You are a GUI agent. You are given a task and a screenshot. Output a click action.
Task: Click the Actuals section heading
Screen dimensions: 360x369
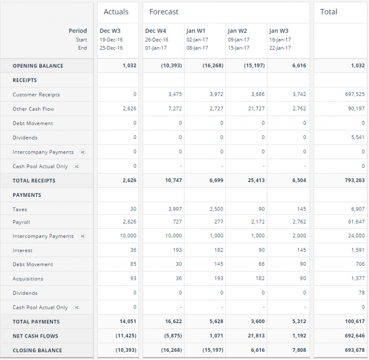click(116, 12)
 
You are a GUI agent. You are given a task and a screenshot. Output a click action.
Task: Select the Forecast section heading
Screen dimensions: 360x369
click(164, 12)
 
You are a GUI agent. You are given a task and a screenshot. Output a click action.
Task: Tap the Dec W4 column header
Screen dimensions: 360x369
click(155, 31)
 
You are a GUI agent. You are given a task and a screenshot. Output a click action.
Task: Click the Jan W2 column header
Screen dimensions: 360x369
click(237, 31)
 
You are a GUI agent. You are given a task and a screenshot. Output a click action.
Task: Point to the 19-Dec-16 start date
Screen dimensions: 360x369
click(111, 40)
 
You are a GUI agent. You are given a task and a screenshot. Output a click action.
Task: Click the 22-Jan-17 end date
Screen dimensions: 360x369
click(280, 48)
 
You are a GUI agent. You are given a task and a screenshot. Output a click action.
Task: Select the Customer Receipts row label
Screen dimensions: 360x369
click(36, 95)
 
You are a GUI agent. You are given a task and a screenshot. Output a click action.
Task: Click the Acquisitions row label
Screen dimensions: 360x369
click(28, 279)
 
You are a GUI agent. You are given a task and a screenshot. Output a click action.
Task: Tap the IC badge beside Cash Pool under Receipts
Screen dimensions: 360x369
click(77, 166)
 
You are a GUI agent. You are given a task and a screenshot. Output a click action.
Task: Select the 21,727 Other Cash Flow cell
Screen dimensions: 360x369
click(256, 109)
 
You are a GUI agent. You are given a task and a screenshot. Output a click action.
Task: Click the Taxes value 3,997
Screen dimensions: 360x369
click(174, 209)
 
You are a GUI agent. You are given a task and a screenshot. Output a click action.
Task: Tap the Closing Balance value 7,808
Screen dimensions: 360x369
click(298, 350)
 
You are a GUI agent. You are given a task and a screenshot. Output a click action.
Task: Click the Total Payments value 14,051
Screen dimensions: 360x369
click(128, 322)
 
